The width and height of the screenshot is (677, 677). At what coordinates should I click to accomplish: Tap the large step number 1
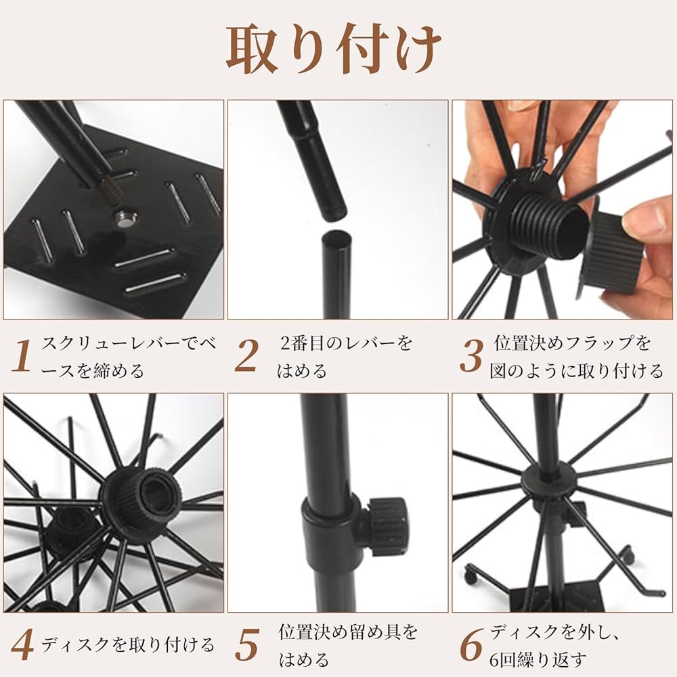click(22, 356)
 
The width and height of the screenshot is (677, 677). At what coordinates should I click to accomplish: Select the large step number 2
click(247, 356)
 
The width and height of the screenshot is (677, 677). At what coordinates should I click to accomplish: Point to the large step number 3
click(471, 356)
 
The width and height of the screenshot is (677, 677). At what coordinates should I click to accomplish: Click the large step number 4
click(22, 645)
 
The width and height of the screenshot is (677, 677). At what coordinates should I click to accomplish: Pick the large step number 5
click(247, 645)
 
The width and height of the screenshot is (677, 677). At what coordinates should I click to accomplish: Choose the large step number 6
click(471, 645)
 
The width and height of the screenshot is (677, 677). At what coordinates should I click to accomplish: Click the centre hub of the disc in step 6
click(548, 480)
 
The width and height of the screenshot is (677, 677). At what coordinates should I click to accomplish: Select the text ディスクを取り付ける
click(128, 645)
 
